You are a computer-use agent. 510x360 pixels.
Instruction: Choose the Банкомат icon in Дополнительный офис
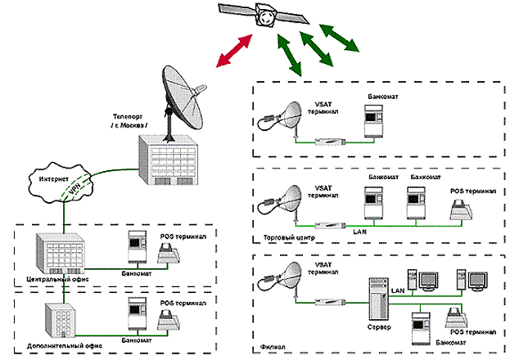pos(137,314)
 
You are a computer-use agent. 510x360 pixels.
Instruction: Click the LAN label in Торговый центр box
pos(356,232)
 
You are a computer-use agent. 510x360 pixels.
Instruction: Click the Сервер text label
pos(378,329)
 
